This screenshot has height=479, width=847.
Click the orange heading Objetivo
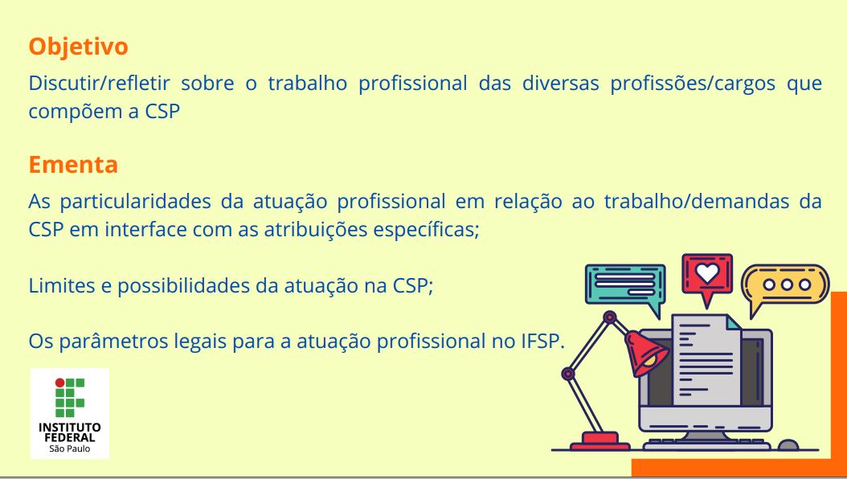click(x=78, y=47)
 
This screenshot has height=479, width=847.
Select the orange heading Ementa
click(x=73, y=165)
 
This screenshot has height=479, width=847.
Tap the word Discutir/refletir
click(x=100, y=83)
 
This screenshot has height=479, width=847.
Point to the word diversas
click(x=560, y=83)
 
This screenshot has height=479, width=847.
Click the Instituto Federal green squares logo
click(x=69, y=398)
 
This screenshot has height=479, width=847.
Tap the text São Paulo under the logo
click(x=70, y=448)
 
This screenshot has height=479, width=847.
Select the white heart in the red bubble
click(x=707, y=272)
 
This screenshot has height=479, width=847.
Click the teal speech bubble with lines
click(x=625, y=285)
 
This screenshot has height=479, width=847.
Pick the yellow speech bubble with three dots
click(x=786, y=286)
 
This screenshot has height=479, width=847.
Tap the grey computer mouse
click(x=788, y=445)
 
